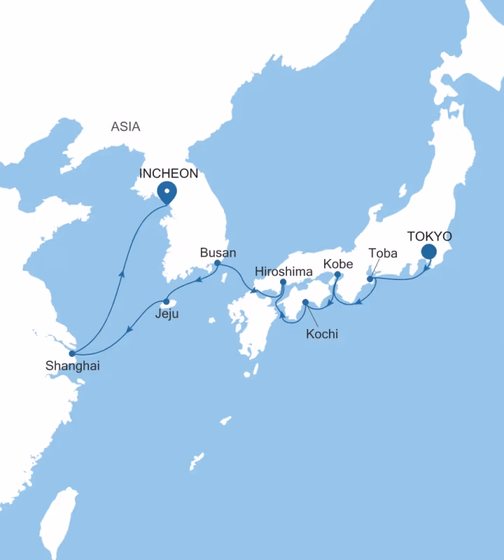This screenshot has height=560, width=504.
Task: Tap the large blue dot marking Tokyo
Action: [x=428, y=253]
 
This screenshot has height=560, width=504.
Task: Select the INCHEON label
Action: [x=169, y=173]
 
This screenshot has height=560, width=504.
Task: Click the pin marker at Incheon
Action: [x=167, y=191]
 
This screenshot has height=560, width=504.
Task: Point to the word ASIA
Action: [x=125, y=127]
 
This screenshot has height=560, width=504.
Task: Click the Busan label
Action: [x=218, y=252]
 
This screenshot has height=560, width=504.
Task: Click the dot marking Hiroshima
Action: [x=283, y=282]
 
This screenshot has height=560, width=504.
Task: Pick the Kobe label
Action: [x=337, y=264]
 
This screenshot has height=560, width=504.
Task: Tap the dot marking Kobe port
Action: [x=337, y=275]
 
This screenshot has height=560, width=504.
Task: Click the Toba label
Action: [x=383, y=253]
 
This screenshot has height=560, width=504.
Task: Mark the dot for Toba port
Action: [x=370, y=279]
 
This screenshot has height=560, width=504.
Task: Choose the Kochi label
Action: [x=322, y=334]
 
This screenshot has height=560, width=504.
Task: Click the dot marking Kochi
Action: [x=305, y=302]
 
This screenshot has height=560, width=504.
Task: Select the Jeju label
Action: [x=167, y=314]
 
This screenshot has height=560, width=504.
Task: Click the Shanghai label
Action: [x=67, y=365]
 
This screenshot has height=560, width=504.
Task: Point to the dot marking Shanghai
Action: [x=71, y=353]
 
